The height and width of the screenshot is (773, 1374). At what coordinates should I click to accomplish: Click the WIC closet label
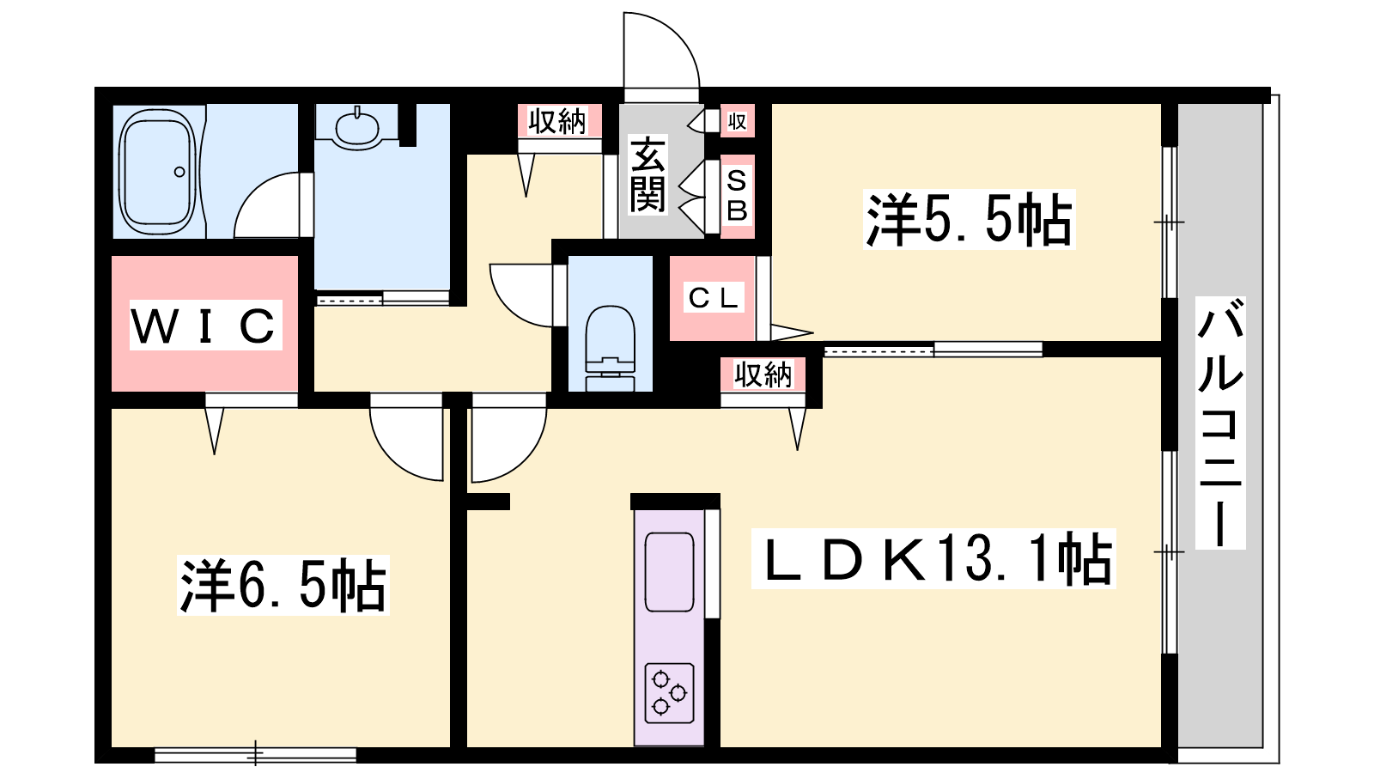205,326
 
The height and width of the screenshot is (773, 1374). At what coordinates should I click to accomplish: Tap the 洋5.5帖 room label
969,220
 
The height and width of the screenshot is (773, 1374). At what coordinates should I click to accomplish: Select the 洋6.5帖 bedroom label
283,585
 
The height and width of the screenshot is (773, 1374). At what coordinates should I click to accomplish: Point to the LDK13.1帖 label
933,558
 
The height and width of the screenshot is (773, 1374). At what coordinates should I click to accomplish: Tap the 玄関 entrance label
647,175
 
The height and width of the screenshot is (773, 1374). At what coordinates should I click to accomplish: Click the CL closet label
713,298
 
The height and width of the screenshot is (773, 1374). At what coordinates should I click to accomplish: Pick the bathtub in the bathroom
158,173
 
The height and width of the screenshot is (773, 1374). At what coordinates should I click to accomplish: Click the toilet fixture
610,348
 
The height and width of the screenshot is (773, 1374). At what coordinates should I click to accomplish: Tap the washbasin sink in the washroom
357,127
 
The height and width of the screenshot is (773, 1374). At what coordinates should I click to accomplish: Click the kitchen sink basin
669,572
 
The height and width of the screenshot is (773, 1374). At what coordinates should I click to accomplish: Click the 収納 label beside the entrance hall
557,121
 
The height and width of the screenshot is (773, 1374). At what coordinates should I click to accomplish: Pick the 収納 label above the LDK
763,374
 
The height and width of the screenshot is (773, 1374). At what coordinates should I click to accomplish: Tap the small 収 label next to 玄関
737,121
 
